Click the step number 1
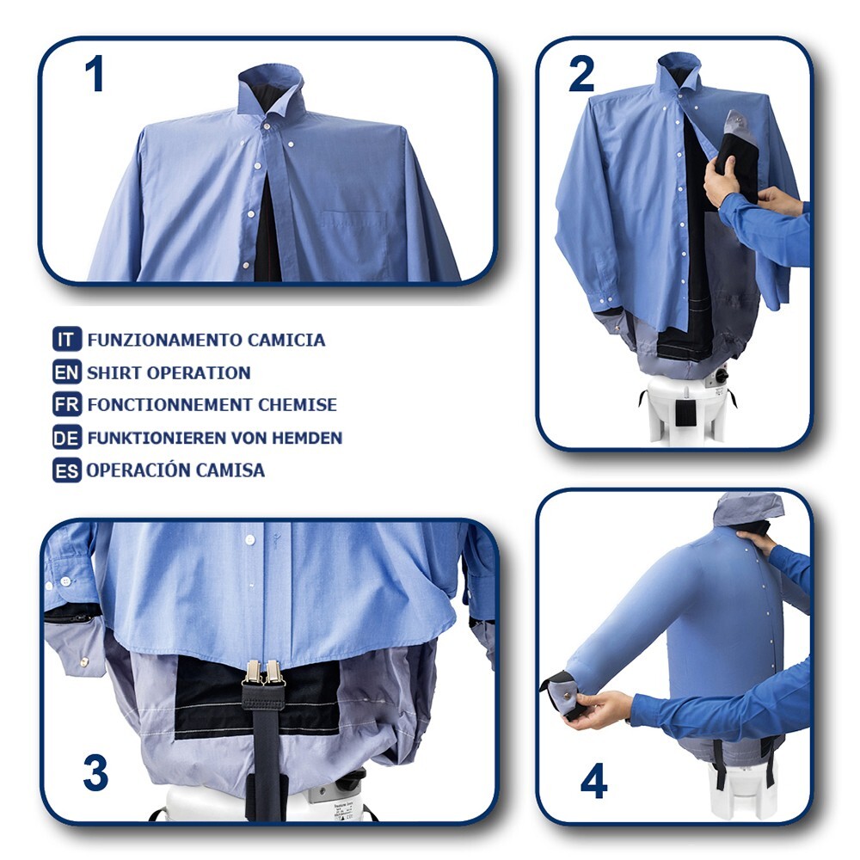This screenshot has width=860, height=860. click(94, 75)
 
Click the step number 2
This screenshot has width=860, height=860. click(581, 76)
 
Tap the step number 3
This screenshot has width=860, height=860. click(95, 772)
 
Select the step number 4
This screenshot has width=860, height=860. click(593, 780)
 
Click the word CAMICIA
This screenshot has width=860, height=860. click(286, 340)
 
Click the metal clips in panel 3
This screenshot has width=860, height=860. click(264, 673)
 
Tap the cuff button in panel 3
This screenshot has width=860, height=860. click(85, 661)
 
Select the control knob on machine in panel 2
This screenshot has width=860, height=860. click(721, 375)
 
